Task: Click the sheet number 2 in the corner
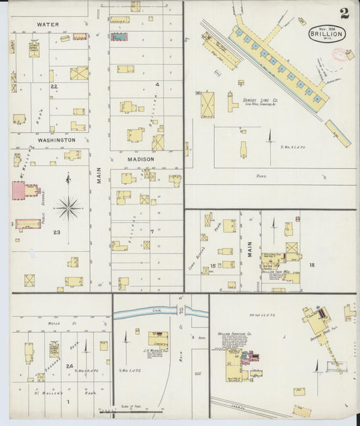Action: click(344, 13)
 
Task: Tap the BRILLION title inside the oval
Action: click(327, 33)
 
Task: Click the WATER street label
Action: click(47, 24)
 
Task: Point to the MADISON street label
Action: click(141, 159)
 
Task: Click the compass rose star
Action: click(68, 207)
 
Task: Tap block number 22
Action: click(54, 86)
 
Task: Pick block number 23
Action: click(57, 233)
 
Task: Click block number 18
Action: click(311, 265)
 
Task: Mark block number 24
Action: click(70, 366)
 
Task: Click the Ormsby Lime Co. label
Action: click(260, 100)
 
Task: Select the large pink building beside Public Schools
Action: click(26, 190)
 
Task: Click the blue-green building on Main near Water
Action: click(120, 36)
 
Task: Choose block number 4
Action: click(157, 84)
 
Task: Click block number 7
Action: click(153, 232)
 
